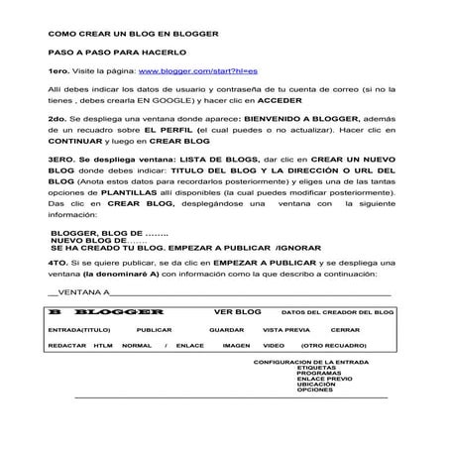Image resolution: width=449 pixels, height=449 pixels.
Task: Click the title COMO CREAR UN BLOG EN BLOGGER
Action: point(133,34)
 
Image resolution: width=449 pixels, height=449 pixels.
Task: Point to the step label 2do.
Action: point(56,120)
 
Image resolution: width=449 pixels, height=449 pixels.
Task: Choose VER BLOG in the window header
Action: point(237,310)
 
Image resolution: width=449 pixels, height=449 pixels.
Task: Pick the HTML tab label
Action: point(103,345)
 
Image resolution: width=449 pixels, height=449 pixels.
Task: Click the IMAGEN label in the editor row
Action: point(236,345)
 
